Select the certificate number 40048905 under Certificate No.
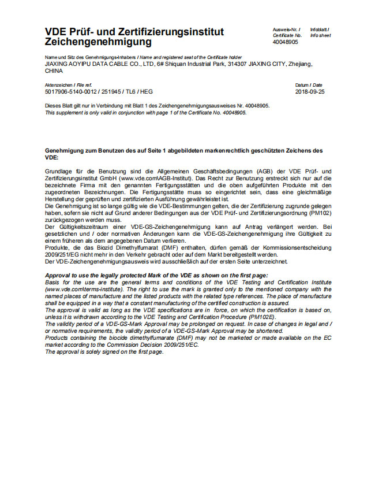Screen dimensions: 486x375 (286, 42)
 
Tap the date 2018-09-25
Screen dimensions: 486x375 (310, 91)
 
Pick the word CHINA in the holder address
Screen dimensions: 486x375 (54, 71)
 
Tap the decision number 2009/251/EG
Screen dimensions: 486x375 (62, 254)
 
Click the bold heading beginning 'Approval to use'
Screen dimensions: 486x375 (156, 276)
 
